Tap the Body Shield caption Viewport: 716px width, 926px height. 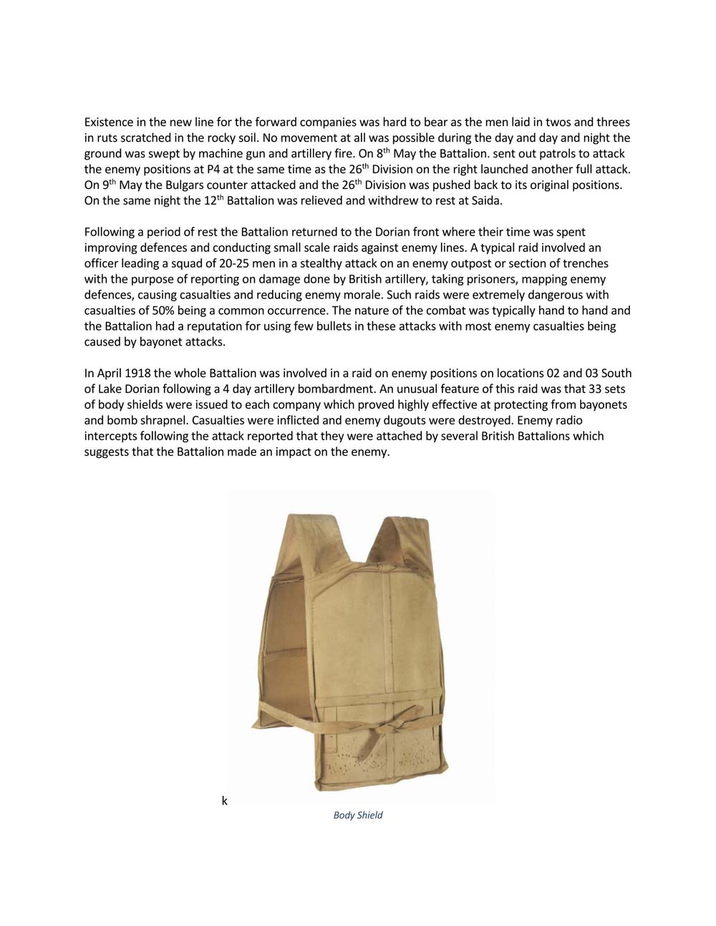point(358,815)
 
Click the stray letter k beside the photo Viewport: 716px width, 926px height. point(224,801)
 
